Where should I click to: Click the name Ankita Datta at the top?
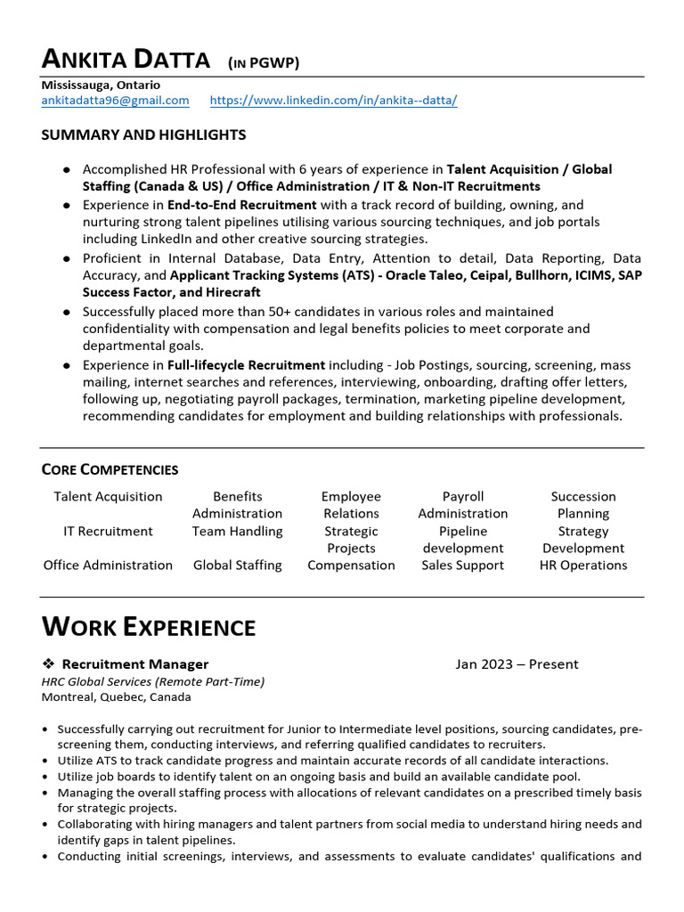point(126,60)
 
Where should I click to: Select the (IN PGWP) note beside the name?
point(264,62)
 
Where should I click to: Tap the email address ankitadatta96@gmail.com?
point(115,101)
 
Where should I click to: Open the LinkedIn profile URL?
point(333,101)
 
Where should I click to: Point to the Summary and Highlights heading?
point(143,135)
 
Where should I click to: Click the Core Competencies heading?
point(110,469)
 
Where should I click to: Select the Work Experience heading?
point(149,627)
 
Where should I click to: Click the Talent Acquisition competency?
point(108,497)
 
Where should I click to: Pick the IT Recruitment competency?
point(108,531)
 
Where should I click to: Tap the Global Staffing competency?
point(237,565)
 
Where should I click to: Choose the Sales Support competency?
point(462,565)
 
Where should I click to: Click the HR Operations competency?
point(582,565)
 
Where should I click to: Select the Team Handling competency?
point(237,531)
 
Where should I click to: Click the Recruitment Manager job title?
point(135,664)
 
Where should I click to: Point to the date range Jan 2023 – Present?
point(517,664)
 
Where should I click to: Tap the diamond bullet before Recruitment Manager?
point(48,664)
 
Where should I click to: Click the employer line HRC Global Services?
point(152,681)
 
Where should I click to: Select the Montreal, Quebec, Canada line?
point(116,697)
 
